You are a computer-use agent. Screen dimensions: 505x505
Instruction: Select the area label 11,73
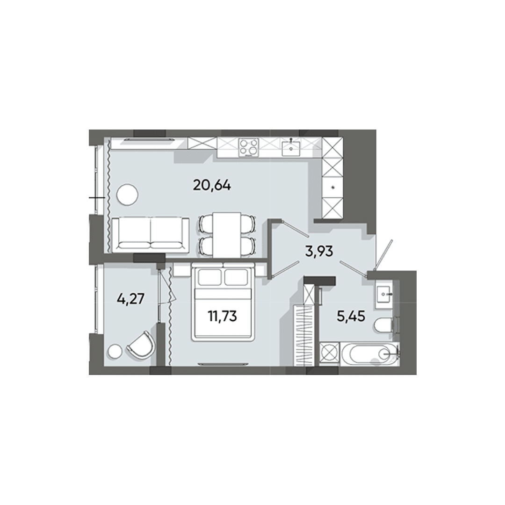(x=223, y=317)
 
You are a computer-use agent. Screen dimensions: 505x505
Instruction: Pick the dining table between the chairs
(x=227, y=234)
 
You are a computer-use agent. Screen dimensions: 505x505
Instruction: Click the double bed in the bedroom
(x=223, y=304)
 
